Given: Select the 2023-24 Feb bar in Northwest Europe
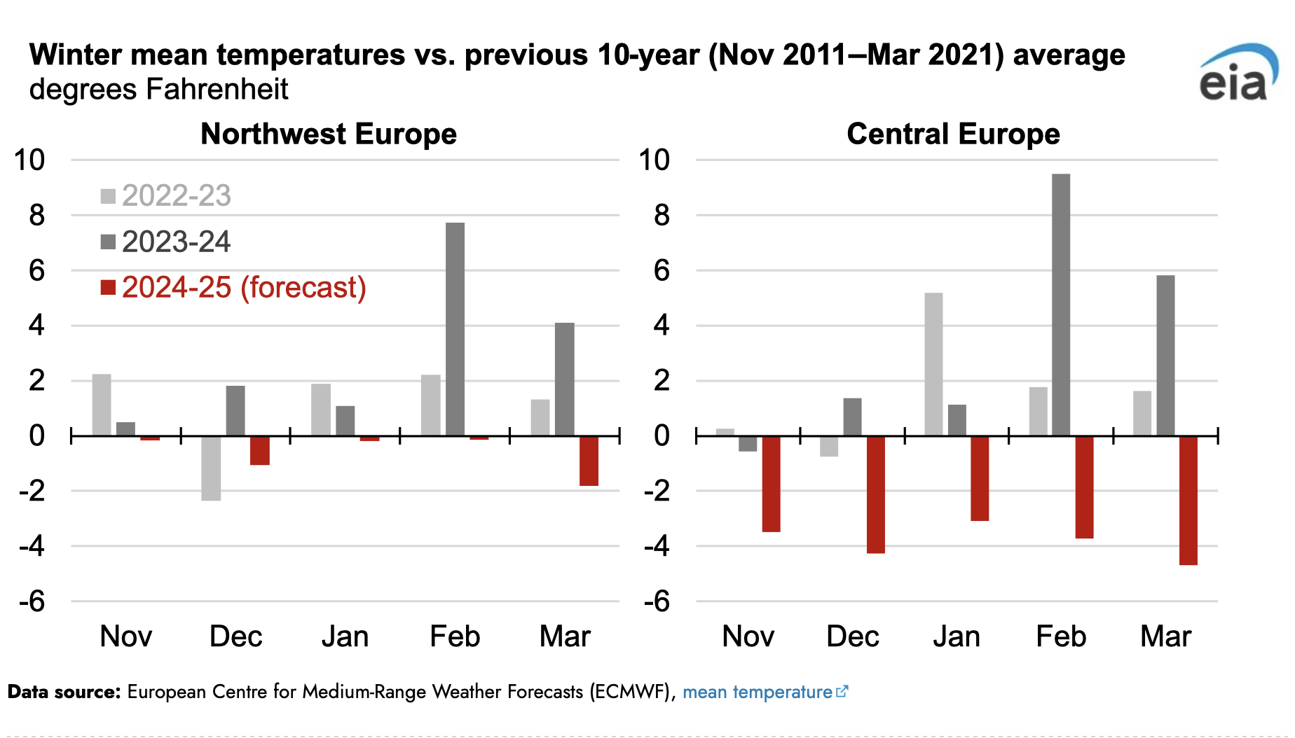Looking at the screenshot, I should point(455,329).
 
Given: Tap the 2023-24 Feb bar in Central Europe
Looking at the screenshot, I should point(1061,305).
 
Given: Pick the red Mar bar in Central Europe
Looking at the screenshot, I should point(1188,500).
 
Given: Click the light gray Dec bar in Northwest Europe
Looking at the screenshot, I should point(211,468).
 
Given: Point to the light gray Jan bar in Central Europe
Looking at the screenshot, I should point(933,364).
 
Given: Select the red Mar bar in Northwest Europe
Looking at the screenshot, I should point(589,460).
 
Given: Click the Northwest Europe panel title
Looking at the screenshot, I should point(329,134).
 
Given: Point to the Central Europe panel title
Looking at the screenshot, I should point(953,134).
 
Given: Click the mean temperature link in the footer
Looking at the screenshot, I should point(758,692).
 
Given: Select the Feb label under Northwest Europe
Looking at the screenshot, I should point(455,636).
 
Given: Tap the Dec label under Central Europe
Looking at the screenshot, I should point(853,636).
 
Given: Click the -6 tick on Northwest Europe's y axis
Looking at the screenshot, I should point(32,601).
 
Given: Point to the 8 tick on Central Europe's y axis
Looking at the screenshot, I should point(661,216).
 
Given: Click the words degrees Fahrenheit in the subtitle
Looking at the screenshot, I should point(159,90).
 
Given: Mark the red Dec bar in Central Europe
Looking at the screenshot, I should point(876,494).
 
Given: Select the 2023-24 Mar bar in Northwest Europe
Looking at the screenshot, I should point(565,379).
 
